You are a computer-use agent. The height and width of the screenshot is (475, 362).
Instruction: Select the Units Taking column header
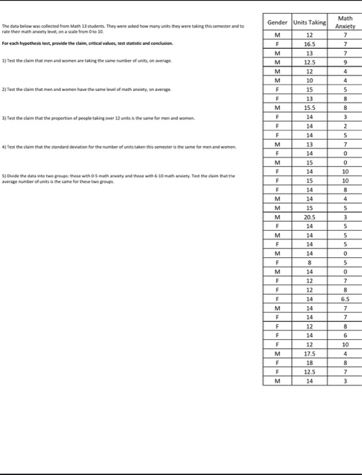pos(309,22)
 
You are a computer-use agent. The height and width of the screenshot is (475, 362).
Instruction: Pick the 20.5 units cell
pos(309,216)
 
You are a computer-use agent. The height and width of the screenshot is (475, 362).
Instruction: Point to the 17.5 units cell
pos(309,353)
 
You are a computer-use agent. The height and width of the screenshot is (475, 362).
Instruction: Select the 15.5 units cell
pos(309,106)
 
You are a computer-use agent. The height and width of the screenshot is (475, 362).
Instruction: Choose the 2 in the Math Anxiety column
pos(345,126)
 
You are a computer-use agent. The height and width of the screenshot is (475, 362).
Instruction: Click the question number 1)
pos(5,61)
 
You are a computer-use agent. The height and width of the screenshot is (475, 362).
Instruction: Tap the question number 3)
pos(5,118)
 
